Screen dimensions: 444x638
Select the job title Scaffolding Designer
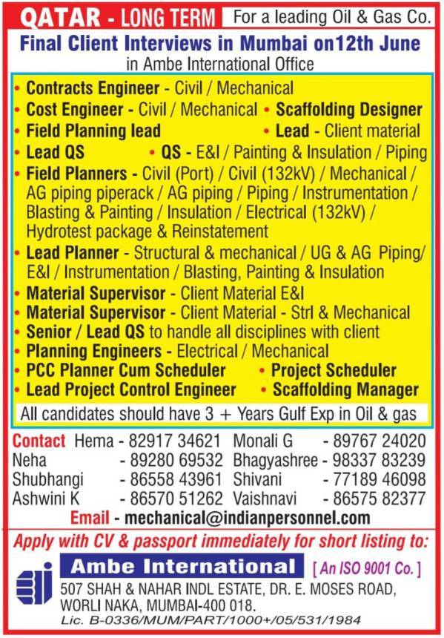point(349,110)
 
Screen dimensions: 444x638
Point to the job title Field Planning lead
point(93,131)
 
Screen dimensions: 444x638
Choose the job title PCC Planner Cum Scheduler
point(126,369)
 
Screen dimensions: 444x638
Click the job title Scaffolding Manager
point(345,389)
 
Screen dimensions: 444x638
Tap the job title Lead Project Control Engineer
point(131,389)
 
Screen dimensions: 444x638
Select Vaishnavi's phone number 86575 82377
point(378,498)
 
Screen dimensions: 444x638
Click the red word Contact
point(39,440)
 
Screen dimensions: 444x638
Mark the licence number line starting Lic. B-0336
point(211,619)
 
